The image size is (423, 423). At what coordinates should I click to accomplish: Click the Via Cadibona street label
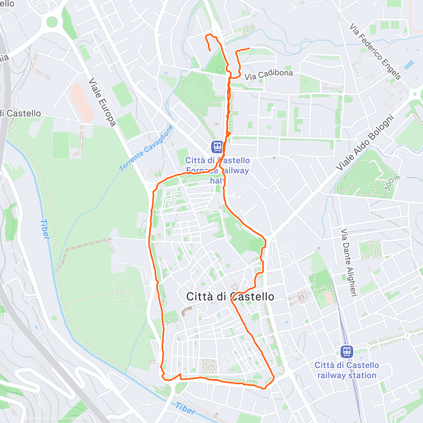[x=269, y=74]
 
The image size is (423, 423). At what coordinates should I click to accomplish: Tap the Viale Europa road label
[x=102, y=102]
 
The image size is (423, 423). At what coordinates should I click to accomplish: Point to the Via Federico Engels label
[x=375, y=51]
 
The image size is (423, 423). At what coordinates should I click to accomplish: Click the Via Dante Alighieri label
[x=347, y=262]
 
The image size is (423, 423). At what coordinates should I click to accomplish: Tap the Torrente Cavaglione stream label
[x=146, y=148]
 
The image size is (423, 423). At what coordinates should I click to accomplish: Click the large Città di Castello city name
[x=230, y=296]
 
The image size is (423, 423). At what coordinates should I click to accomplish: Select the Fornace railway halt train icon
[x=217, y=147]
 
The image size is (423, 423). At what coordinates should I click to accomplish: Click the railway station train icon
[x=347, y=351]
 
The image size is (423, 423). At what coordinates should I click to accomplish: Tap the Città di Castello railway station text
[x=347, y=370]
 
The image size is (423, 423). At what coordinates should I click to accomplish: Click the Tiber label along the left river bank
[x=45, y=229]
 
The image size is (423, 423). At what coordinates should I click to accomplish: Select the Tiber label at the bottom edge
[x=185, y=409]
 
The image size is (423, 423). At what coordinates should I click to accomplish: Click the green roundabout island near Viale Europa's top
[x=52, y=22]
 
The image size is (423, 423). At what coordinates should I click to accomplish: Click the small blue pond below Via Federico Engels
[x=409, y=65]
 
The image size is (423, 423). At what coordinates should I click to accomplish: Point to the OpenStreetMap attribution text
[x=74, y=418]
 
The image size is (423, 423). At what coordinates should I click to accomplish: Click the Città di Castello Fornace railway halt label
[x=217, y=171]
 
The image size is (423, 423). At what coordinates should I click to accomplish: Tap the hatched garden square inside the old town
[x=209, y=366]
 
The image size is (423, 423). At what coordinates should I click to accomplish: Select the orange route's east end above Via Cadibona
[x=249, y=48]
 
